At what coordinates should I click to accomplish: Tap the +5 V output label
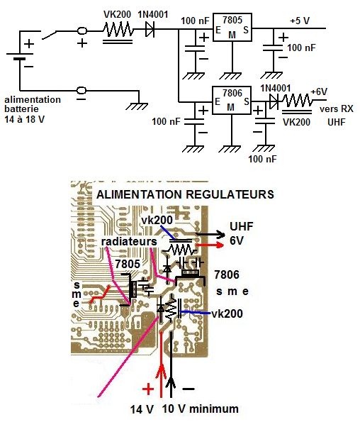[x=300, y=21]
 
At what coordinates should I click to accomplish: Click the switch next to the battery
[x=49, y=35]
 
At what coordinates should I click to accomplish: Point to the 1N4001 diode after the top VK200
[x=150, y=29]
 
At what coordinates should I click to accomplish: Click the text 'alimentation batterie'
[x=33, y=104]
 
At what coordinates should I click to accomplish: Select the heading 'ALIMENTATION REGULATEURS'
[x=185, y=194]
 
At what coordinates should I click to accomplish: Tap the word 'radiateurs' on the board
[x=129, y=241]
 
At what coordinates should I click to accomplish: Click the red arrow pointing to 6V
[x=210, y=245]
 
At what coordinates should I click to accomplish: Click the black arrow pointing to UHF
[x=210, y=235]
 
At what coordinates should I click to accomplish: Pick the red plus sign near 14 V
[x=148, y=389]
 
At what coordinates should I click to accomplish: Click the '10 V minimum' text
[x=201, y=409]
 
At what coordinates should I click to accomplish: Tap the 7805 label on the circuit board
[x=128, y=264]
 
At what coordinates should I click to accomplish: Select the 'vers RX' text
[x=337, y=109]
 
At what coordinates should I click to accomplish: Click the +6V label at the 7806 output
[x=319, y=92]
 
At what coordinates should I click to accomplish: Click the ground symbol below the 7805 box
[x=230, y=76]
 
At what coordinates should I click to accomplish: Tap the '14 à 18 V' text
[x=24, y=119]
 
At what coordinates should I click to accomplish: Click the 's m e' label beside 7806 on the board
[x=232, y=291]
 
